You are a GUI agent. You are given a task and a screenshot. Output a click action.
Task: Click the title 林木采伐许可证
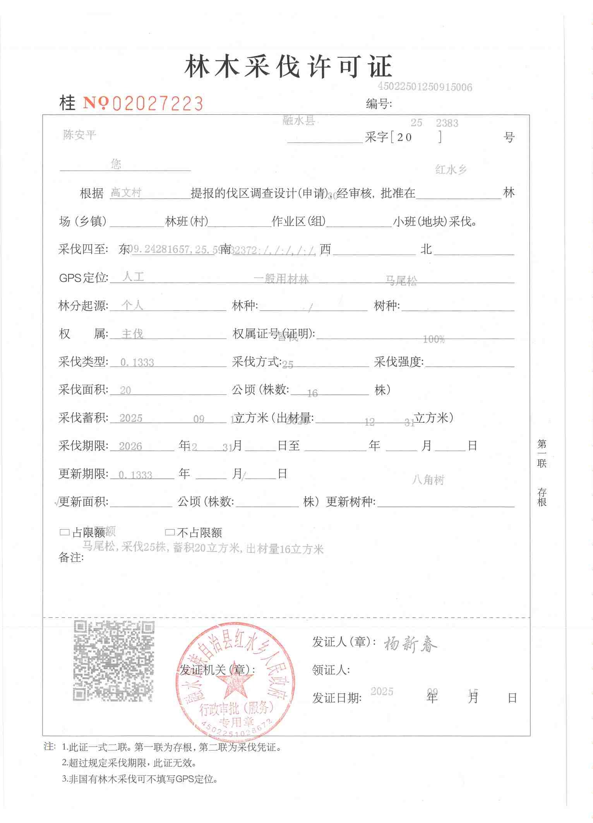(x=288, y=66)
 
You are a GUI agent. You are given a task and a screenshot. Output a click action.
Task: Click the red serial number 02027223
(x=158, y=104)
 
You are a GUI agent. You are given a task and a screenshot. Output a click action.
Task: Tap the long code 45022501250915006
(x=425, y=87)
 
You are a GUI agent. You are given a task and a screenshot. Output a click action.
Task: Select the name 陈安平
(x=79, y=135)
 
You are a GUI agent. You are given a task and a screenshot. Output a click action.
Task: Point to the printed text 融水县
(x=298, y=121)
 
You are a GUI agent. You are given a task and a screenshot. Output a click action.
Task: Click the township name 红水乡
(x=451, y=169)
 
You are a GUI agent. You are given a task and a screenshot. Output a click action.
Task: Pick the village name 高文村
(x=126, y=192)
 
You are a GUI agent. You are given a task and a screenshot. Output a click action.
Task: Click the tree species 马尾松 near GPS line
(x=401, y=281)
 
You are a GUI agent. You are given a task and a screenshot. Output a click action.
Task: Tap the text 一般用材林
(x=281, y=279)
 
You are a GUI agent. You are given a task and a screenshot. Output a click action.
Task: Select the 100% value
(x=434, y=339)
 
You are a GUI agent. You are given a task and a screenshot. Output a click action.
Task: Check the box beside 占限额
(x=64, y=532)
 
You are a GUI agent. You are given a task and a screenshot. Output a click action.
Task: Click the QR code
(x=114, y=661)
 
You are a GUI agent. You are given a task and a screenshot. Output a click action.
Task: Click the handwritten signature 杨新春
(x=410, y=644)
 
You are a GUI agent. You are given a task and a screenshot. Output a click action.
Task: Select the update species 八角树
(x=428, y=480)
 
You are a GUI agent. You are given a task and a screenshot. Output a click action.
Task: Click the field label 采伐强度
(x=398, y=362)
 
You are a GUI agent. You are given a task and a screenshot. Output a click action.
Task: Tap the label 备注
(x=71, y=557)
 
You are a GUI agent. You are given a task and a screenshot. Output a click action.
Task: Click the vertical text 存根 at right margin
(x=542, y=497)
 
